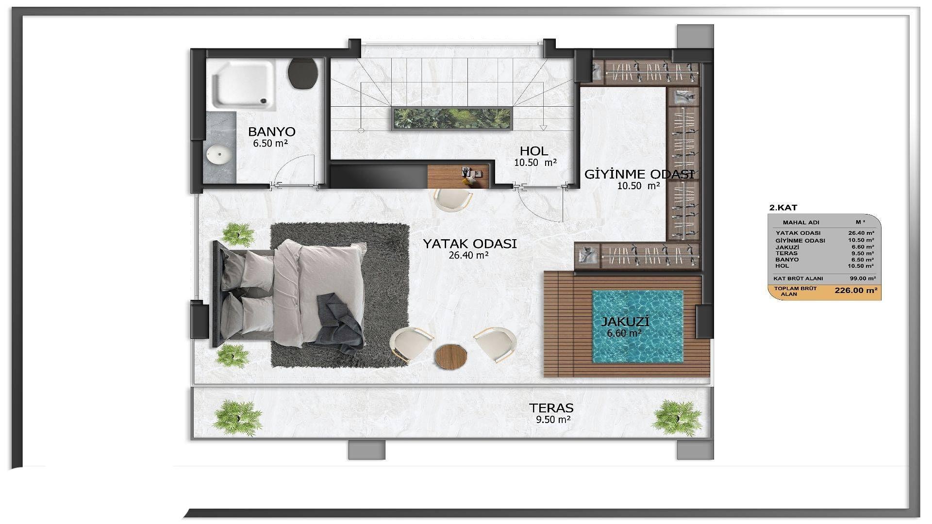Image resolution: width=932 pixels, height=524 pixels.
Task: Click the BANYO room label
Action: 271,131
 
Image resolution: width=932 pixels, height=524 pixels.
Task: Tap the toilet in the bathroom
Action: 303,73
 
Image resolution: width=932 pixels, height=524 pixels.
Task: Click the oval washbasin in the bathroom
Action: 218,155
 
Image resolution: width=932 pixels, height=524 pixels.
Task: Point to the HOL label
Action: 534,151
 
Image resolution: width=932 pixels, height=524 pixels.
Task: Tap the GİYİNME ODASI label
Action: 639,174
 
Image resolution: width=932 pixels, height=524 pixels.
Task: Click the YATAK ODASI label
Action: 469,244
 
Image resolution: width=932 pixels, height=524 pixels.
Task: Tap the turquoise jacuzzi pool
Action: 637,326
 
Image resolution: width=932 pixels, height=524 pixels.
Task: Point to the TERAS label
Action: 551,408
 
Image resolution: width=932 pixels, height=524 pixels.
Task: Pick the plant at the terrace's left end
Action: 237,417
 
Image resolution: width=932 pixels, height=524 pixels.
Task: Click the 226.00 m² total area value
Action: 856,291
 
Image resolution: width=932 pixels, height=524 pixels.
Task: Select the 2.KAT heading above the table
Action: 783,208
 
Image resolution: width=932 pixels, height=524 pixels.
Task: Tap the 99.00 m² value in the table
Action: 863,278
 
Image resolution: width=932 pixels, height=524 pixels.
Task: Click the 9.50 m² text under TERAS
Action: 553,420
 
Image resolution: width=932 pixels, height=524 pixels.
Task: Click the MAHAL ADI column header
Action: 801,222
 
